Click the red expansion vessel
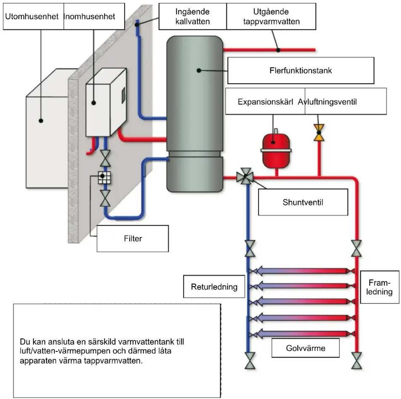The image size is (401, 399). coord(276,149)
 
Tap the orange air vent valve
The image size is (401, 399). coord(319,133)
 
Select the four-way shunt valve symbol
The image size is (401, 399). coord(245,176)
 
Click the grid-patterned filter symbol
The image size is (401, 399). coord(104,177)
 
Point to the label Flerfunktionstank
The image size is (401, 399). coord(300,71)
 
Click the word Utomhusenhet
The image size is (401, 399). coord(32,16)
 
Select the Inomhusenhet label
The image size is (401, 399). coord(89,16)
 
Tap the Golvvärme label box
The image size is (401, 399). coord(305,348)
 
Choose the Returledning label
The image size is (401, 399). coord(214,286)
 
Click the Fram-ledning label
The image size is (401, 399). coord(379,287)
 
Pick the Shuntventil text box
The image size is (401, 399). coord(303,202)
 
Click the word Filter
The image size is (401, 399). coord(133,239)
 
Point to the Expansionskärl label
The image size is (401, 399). coord(265,102)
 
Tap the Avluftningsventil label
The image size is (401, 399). coord(327,102)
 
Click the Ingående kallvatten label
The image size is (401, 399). coord(193,16)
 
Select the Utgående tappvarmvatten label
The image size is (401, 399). coord(271,16)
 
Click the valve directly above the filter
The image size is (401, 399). coord(105,158)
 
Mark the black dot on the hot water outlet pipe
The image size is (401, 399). coord(278,50)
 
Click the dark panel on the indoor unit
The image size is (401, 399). coord(124,95)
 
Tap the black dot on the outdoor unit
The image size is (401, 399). coord(41,120)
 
